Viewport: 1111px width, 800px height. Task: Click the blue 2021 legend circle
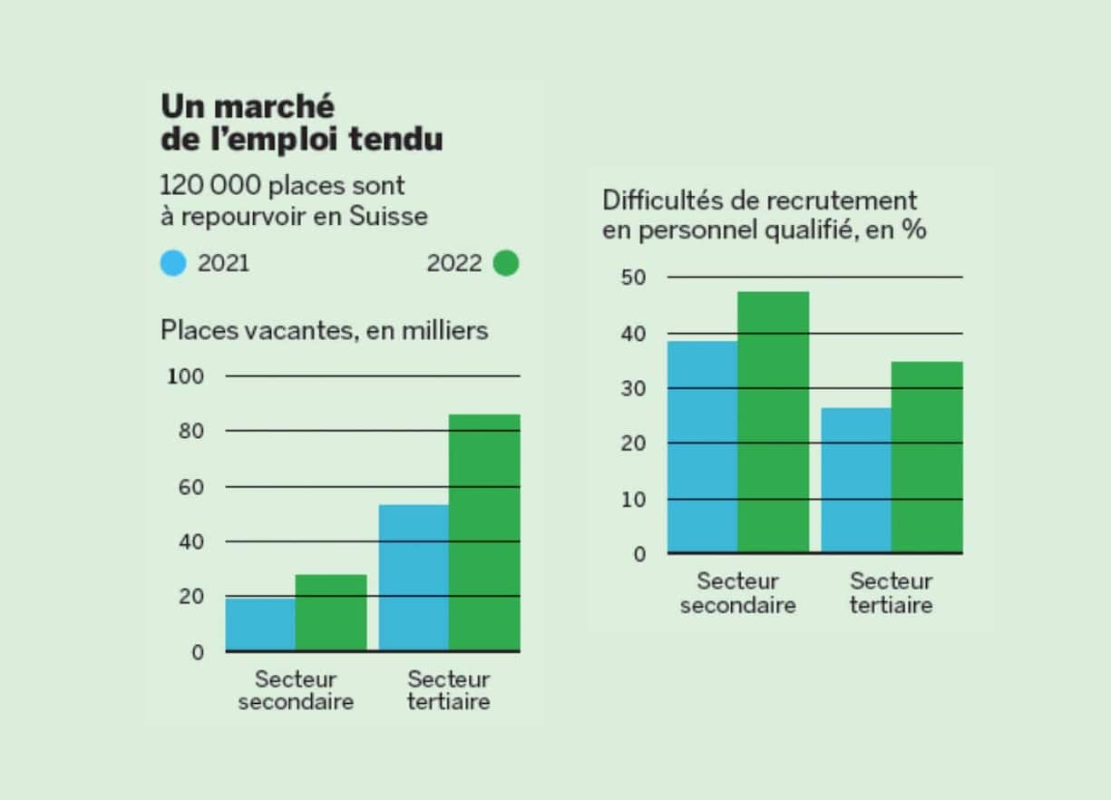point(173,264)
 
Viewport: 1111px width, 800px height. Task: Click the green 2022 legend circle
point(506,264)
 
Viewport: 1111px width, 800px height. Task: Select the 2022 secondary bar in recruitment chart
point(773,422)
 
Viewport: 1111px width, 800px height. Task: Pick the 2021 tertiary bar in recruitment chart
point(856,480)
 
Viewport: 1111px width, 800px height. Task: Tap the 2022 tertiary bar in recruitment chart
point(927,457)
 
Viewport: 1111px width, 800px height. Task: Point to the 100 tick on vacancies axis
point(186,376)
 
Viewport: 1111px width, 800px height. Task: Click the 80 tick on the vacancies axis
point(190,432)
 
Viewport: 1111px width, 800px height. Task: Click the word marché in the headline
point(276,106)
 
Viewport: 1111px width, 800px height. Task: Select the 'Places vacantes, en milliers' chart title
point(324,330)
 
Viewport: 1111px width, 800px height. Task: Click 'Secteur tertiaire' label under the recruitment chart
point(891,593)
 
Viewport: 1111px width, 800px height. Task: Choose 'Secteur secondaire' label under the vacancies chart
point(296,690)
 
